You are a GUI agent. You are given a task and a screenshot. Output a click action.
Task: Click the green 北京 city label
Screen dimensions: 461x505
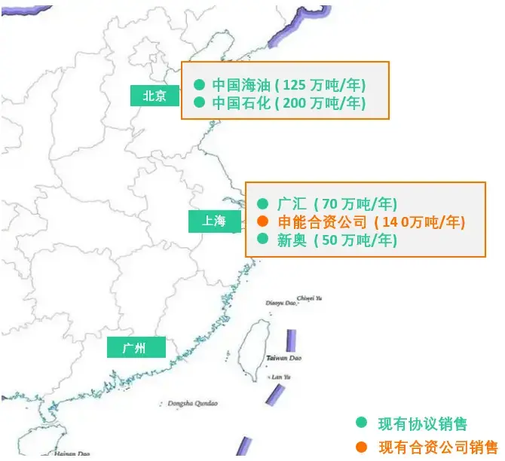click(155, 96)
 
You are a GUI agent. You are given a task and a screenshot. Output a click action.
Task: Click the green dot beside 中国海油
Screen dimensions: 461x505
click(200, 84)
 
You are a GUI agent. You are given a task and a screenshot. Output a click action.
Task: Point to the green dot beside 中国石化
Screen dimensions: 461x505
click(200, 102)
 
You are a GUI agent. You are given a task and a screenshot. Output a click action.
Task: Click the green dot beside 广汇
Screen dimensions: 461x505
click(262, 203)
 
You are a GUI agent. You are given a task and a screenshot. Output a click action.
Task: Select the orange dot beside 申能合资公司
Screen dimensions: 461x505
click(262, 221)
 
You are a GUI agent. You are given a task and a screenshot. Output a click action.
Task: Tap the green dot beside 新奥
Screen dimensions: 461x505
click(262, 240)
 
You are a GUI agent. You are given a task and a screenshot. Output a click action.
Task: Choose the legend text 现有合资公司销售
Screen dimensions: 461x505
click(438, 446)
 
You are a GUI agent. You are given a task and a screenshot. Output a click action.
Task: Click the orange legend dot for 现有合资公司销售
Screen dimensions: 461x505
click(362, 446)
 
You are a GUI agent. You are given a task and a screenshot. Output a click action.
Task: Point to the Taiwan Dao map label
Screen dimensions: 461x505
click(283, 359)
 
